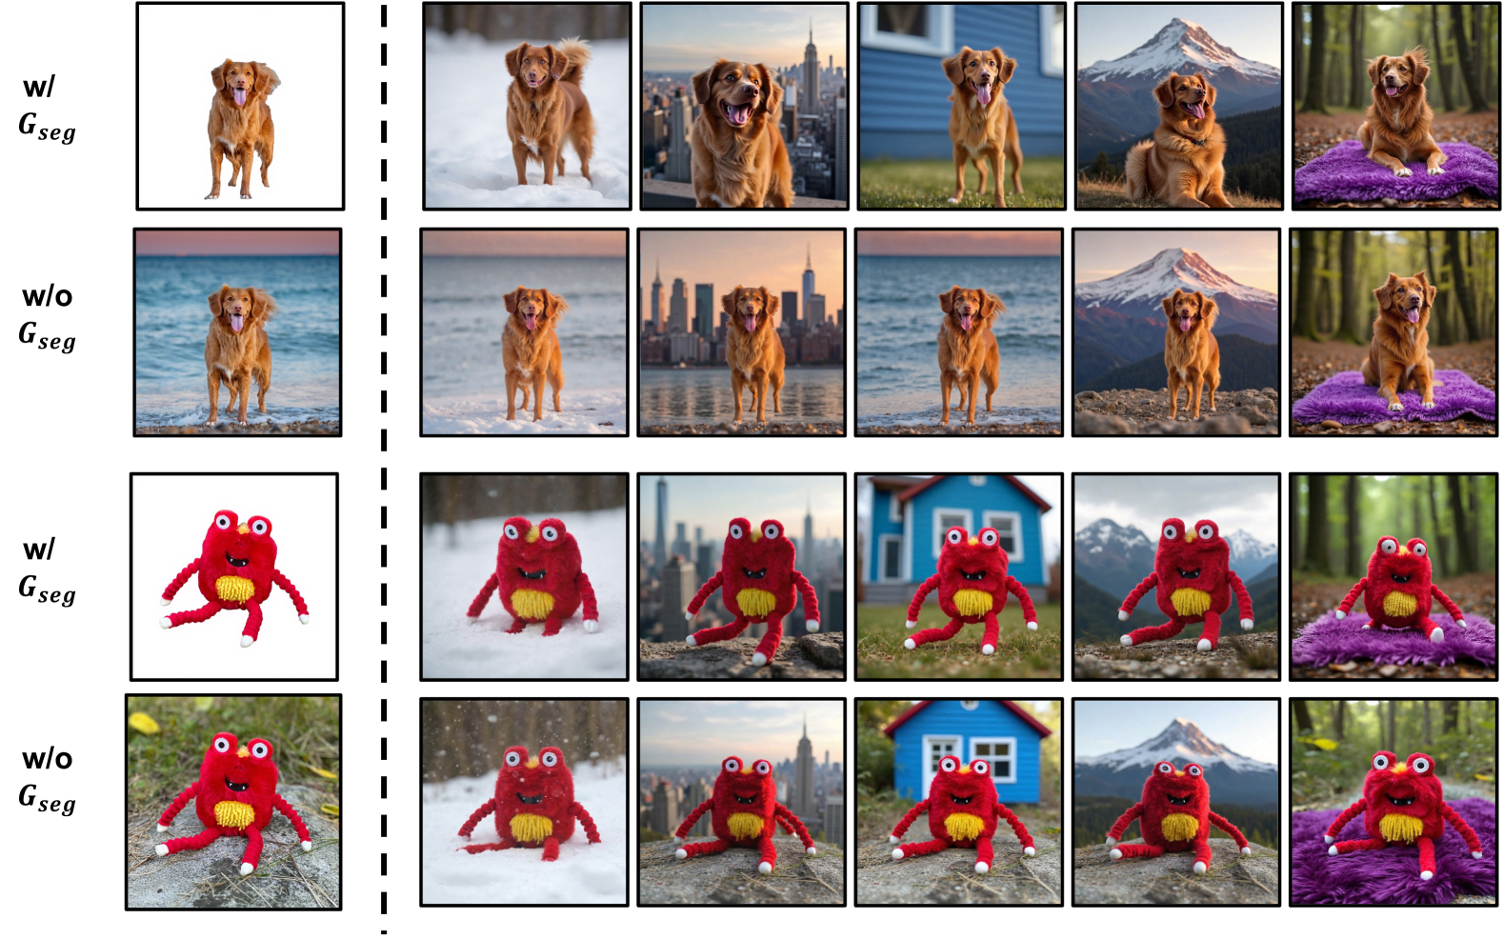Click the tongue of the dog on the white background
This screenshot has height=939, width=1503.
click(239, 98)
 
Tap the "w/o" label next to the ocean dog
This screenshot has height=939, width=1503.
click(47, 296)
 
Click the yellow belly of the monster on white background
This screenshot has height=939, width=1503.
click(235, 590)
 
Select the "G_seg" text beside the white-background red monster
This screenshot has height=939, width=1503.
click(47, 590)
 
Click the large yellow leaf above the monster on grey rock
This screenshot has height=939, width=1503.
click(145, 723)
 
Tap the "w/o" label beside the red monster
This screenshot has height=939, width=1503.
click(47, 759)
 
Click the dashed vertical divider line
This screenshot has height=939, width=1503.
click(384, 469)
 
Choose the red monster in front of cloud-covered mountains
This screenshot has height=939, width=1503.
click(1183, 584)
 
